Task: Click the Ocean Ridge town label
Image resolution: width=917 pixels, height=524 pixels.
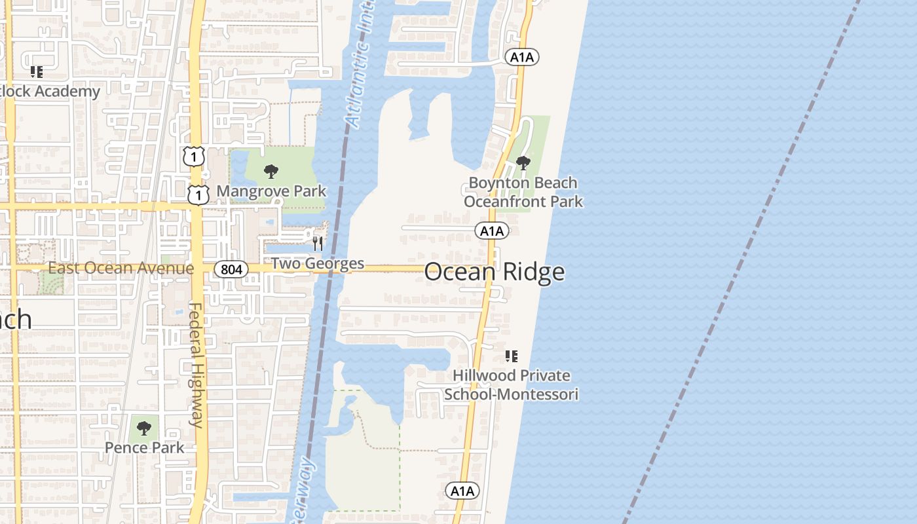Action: pyautogui.click(x=495, y=272)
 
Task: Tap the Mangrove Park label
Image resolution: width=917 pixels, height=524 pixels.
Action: pyautogui.click(x=271, y=191)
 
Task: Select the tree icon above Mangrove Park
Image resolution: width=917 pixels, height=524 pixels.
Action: pyautogui.click(x=271, y=172)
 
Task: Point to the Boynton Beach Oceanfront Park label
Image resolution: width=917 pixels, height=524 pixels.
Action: pyautogui.click(x=523, y=192)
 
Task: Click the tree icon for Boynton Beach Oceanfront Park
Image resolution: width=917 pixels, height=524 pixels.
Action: pyautogui.click(x=523, y=162)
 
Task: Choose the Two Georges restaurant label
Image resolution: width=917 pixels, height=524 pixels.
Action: pyautogui.click(x=318, y=263)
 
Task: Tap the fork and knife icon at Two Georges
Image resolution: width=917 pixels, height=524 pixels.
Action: pyautogui.click(x=318, y=244)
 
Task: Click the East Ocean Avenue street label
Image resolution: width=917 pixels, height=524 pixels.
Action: pyautogui.click(x=121, y=268)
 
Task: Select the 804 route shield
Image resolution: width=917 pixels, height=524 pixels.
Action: pyautogui.click(x=231, y=269)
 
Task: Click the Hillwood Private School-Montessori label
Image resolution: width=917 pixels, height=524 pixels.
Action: pyautogui.click(x=512, y=385)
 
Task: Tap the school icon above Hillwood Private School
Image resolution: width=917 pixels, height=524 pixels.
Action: pyautogui.click(x=511, y=356)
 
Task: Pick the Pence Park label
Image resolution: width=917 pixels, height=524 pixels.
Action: pyautogui.click(x=145, y=448)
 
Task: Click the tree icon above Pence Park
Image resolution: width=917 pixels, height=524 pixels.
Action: pyautogui.click(x=144, y=428)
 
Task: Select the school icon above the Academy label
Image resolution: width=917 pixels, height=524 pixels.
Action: pyautogui.click(x=37, y=71)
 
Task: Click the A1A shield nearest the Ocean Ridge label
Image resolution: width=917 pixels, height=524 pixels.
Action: pyautogui.click(x=492, y=231)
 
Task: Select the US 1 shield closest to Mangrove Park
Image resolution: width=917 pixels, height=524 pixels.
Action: pyautogui.click(x=198, y=195)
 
